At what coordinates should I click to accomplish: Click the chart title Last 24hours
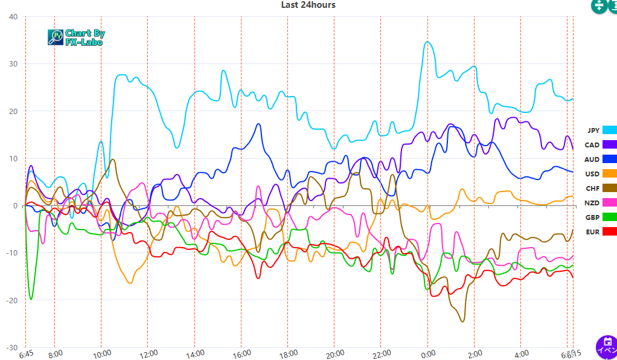pos(308,5)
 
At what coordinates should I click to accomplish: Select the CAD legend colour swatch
pos(610,144)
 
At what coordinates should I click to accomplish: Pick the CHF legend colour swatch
pos(610,188)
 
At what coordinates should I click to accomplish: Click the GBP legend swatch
pos(610,217)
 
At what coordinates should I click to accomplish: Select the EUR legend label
pos(592,232)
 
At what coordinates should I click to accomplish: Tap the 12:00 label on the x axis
pos(148,353)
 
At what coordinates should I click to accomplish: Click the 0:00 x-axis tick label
pos(428,353)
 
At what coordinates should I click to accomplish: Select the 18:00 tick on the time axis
pos(288,353)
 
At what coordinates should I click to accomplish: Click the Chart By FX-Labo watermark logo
pos(76,37)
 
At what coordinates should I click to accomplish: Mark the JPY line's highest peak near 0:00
pos(427,42)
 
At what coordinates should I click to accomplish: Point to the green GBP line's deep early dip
pos(31,299)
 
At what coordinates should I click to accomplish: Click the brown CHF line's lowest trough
pos(462,321)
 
